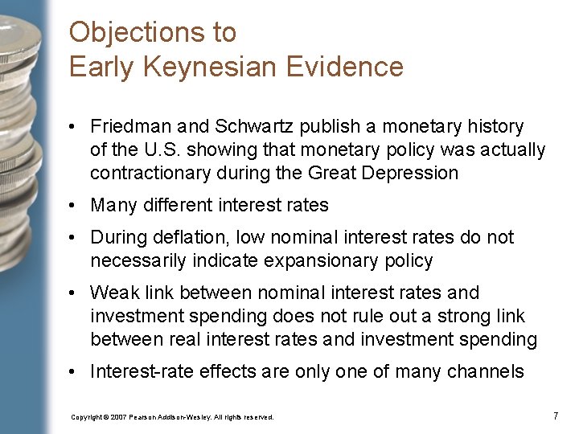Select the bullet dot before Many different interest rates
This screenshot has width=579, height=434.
pyautogui.click(x=72, y=206)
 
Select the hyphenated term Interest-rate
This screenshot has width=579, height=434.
pyautogui.click(x=142, y=371)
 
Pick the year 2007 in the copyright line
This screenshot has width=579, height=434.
pyautogui.click(x=117, y=417)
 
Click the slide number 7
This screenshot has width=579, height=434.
pyautogui.click(x=556, y=416)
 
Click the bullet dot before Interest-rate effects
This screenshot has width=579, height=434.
pyautogui.click(x=72, y=372)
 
